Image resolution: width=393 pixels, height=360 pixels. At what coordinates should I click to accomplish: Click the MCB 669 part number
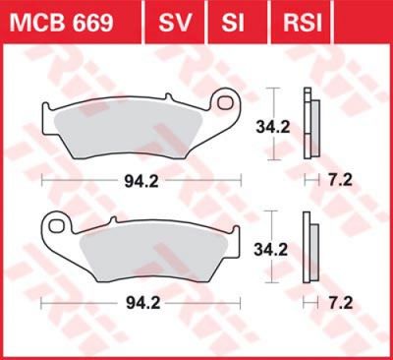point(61,23)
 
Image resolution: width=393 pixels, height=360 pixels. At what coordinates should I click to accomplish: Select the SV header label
point(175,23)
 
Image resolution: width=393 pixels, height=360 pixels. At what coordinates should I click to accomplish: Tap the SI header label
point(233,23)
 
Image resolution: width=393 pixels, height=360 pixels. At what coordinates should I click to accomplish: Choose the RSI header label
point(303,23)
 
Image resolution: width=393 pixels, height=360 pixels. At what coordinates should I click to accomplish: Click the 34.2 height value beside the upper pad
point(273,127)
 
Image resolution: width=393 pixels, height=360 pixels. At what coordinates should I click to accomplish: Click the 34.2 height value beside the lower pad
point(271,250)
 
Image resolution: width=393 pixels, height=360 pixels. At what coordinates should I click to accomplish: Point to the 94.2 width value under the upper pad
point(141,181)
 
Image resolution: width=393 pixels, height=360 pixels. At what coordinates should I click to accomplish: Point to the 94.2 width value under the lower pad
point(143,303)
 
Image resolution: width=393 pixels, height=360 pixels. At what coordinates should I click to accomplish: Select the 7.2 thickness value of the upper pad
point(340,180)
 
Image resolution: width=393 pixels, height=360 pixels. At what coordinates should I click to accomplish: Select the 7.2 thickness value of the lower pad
point(341,303)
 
